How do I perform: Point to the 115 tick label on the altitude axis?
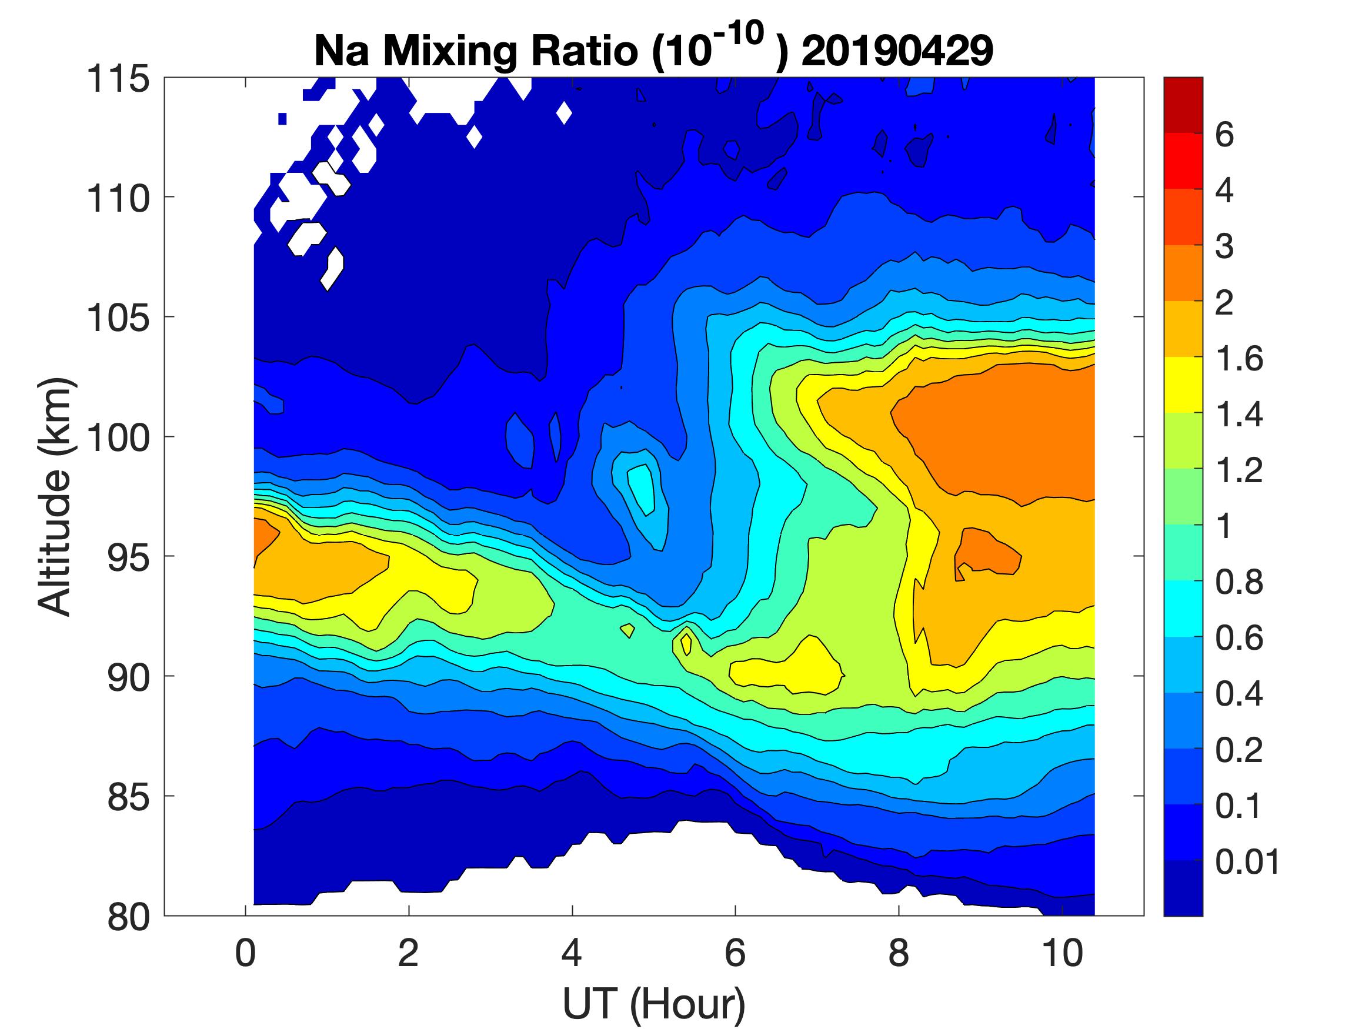(x=118, y=79)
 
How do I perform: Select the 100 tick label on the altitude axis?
(x=118, y=438)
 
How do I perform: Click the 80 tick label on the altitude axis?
(x=128, y=917)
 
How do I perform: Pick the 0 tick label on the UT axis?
(x=245, y=953)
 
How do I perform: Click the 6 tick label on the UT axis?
(x=735, y=953)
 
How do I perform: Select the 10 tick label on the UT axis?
(x=1063, y=953)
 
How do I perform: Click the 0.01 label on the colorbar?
(x=1247, y=862)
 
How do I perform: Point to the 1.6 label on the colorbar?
(x=1239, y=359)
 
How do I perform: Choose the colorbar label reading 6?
(x=1224, y=135)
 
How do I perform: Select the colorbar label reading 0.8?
(x=1239, y=583)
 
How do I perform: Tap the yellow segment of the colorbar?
(x=1183, y=385)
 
